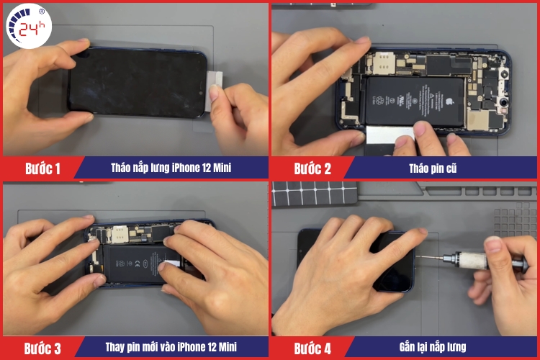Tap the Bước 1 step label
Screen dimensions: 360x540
pyautogui.click(x=42, y=169)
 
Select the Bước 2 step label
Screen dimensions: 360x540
pyautogui.click(x=312, y=169)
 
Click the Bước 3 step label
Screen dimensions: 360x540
pyautogui.click(x=42, y=348)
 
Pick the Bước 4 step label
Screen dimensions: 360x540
pyautogui.click(x=312, y=348)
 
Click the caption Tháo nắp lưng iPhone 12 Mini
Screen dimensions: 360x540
pyautogui.click(x=171, y=169)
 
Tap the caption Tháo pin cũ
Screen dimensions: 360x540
pyautogui.click(x=440, y=169)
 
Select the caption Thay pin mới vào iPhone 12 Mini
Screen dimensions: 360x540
pyautogui.click(x=171, y=348)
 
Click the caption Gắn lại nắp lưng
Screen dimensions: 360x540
pyautogui.click(x=440, y=348)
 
